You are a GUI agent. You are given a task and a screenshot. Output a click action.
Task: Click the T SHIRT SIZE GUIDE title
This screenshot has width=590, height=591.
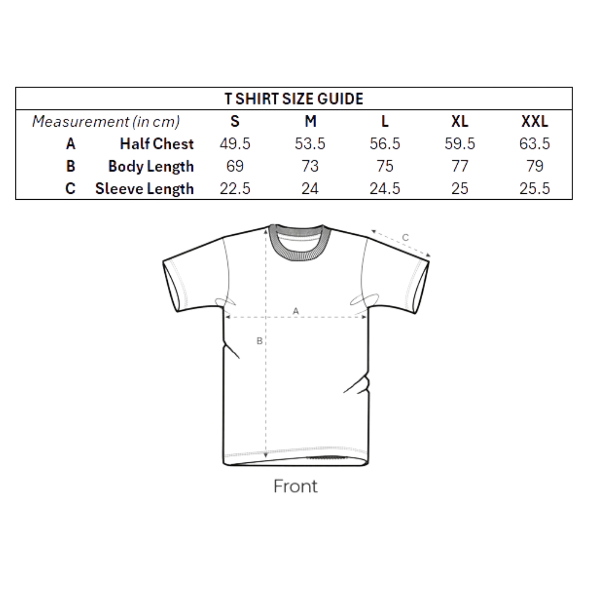294,99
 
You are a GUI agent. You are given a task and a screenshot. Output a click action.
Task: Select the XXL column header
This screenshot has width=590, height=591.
535,122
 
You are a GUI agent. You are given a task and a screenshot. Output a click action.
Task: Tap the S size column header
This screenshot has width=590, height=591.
235,122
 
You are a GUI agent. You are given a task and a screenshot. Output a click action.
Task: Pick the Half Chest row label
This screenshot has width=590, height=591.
156,144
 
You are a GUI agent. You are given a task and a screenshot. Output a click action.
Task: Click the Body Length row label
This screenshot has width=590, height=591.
151,167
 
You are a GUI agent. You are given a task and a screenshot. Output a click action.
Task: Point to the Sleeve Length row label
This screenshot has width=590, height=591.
144,189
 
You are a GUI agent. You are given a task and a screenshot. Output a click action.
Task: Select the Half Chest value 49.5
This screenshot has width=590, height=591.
235,144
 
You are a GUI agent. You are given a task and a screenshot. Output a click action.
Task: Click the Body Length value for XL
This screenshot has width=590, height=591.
460,166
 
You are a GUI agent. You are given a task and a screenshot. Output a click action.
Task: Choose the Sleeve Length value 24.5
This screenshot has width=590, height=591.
385,189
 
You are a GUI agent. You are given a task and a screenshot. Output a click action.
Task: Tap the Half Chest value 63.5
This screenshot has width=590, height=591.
535,144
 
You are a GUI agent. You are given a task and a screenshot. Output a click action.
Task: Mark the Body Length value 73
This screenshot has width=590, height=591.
310,166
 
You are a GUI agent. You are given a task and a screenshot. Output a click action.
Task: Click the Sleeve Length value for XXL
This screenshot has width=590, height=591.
535,189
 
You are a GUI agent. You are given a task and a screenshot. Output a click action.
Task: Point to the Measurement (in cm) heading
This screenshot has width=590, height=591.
106,122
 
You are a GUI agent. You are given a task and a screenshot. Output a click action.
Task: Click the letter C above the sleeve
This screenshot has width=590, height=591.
405,237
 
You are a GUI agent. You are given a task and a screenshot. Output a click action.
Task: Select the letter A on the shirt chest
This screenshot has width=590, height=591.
295,311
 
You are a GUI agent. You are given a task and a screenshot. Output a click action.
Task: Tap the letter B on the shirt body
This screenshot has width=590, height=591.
259,341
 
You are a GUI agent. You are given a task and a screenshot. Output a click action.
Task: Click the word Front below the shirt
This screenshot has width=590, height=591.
295,487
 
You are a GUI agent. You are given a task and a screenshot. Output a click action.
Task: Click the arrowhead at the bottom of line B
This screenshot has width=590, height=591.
266,456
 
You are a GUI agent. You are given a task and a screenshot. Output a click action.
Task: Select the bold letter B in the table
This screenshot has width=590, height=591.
71,166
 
